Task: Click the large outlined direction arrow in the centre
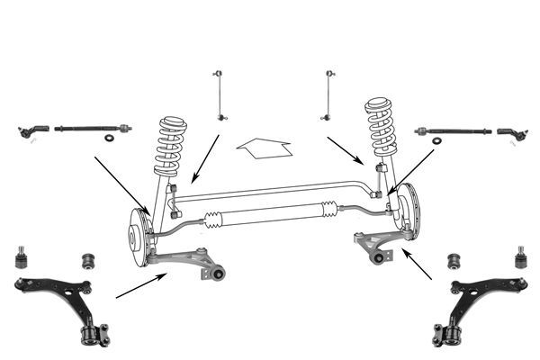click(263, 147)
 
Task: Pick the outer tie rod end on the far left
click(33, 131)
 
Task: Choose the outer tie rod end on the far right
click(510, 134)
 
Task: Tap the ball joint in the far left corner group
click(21, 258)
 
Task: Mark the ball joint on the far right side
click(519, 259)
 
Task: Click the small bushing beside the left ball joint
click(89, 260)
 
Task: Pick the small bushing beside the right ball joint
click(454, 261)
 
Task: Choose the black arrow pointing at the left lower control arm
click(140, 286)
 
